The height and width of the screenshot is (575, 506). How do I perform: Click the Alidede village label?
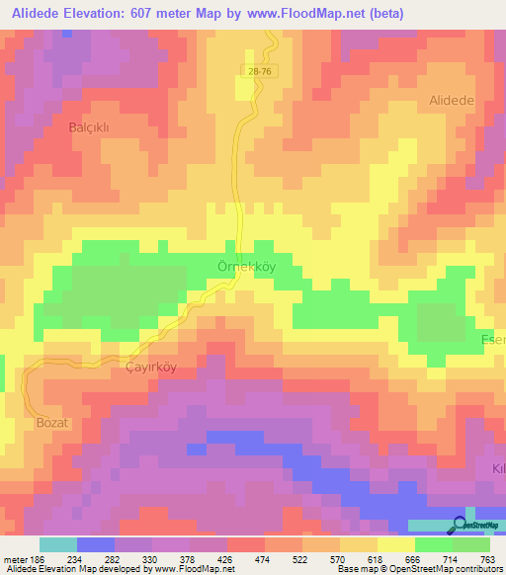point(453,101)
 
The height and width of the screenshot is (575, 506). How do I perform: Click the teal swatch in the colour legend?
point(58,544)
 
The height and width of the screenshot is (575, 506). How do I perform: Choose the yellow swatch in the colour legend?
point(396,544)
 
